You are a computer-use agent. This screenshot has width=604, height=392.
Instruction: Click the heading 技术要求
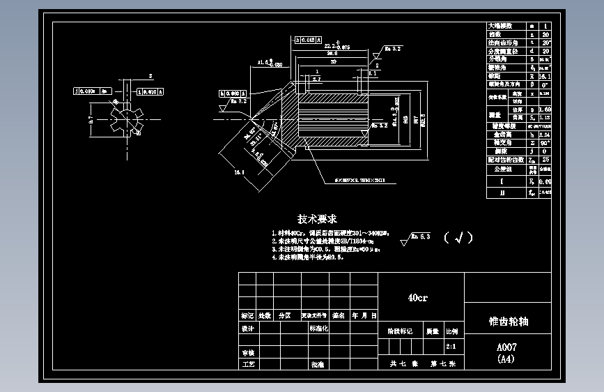pyautogui.click(x=318, y=218)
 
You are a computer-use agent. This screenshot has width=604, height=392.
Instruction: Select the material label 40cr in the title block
pyautogui.click(x=417, y=298)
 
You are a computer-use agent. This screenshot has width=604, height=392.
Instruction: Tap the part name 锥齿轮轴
pyautogui.click(x=508, y=322)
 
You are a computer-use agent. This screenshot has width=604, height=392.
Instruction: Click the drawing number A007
pyautogui.click(x=506, y=347)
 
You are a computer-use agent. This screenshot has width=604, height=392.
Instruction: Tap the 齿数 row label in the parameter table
pyautogui.click(x=496, y=33)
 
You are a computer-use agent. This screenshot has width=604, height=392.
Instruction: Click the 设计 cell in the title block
pyautogui.click(x=247, y=328)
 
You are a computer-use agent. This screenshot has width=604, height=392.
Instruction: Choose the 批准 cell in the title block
pyautogui.click(x=317, y=364)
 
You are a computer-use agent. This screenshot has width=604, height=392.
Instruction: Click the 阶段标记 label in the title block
pyautogui.click(x=400, y=331)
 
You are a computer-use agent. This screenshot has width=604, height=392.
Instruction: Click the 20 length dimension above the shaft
pyautogui.click(x=332, y=61)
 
